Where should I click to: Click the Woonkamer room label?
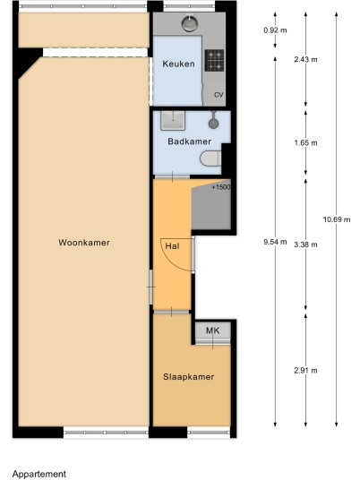(84, 243)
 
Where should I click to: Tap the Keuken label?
(178, 64)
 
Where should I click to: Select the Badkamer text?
(190, 141)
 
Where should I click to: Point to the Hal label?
(172, 246)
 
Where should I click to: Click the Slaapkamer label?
(189, 377)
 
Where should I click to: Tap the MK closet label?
(213, 330)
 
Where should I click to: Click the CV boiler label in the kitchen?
(219, 95)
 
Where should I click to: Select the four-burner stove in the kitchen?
(214, 60)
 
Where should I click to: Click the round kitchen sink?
(190, 23)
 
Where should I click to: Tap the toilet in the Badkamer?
(210, 159)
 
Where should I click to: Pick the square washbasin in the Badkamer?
(173, 120)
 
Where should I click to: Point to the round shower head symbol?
(213, 124)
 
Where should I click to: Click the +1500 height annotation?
(221, 187)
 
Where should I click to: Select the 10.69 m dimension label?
(337, 219)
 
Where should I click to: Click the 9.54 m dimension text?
(275, 242)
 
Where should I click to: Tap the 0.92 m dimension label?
(275, 30)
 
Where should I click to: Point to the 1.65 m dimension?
(305, 143)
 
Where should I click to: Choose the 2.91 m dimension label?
(305, 371)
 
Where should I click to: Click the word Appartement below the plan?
(39, 475)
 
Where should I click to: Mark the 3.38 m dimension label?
(305, 244)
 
